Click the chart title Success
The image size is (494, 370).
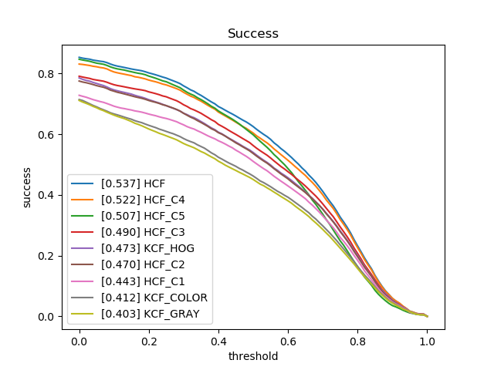252,34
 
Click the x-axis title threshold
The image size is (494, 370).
252,356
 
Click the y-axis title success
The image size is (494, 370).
27,187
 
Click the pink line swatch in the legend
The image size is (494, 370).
83,281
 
